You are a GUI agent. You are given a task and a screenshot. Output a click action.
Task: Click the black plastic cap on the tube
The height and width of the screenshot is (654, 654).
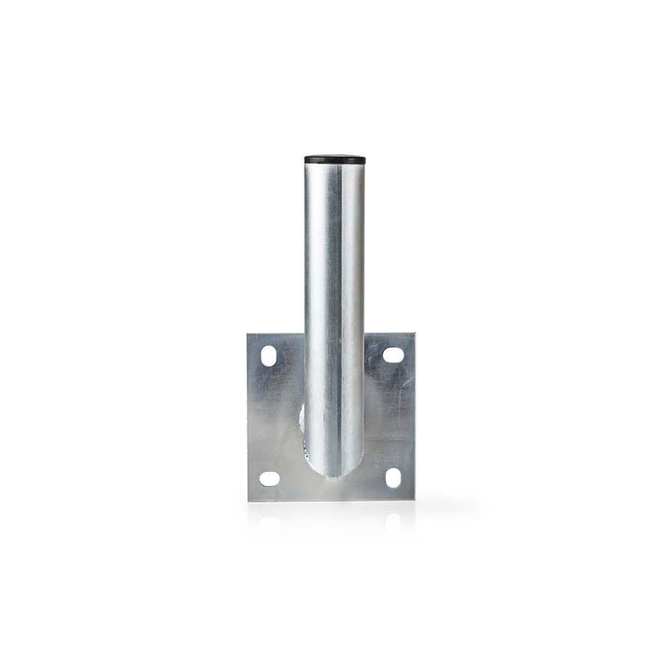coord(334,160)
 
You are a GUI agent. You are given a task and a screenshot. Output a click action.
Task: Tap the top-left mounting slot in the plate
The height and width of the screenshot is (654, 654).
coord(269,356)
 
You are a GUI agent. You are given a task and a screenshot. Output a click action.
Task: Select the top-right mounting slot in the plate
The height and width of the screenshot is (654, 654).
coord(392,355)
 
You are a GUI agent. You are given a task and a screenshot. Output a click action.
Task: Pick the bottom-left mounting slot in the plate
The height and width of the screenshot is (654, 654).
coord(269,478)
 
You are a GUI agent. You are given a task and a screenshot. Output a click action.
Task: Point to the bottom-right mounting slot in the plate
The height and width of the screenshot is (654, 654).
coord(392,477)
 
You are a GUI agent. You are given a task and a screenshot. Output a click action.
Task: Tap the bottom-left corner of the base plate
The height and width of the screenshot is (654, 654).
coord(249,500)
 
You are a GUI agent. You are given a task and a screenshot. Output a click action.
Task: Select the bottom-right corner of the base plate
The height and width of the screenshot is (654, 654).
coord(413,499)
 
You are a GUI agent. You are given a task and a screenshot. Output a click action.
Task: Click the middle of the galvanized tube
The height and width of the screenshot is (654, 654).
coord(334,308)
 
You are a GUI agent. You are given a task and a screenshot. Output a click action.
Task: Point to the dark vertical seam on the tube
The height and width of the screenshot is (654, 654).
coord(355,308)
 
